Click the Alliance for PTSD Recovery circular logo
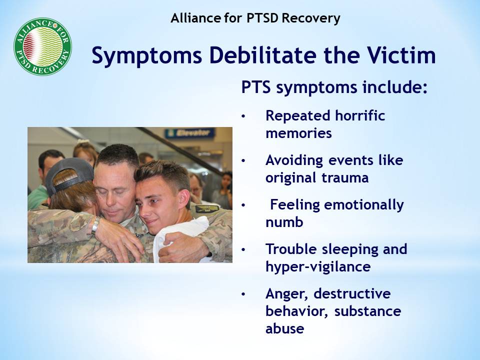(x=43, y=46)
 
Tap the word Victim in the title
(x=401, y=55)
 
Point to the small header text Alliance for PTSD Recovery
(x=255, y=18)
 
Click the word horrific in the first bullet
(x=359, y=115)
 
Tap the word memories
(x=299, y=133)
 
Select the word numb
(x=284, y=222)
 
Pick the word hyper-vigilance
(x=318, y=267)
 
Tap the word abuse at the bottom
(x=284, y=328)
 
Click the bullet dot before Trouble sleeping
(x=243, y=250)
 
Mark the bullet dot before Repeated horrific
(x=243, y=116)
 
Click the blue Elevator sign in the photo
(x=190, y=133)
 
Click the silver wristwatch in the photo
(x=96, y=225)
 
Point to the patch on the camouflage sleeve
(x=207, y=209)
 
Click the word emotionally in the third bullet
(x=364, y=205)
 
